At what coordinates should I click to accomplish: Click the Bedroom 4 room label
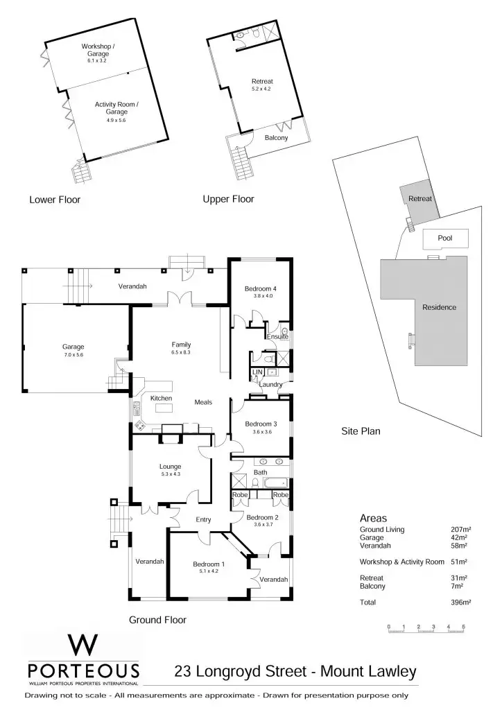pyautogui.click(x=260, y=288)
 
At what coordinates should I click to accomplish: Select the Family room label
pyautogui.click(x=181, y=345)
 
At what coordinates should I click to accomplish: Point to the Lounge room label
pyautogui.click(x=170, y=467)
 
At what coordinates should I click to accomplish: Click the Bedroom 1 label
pyautogui.click(x=209, y=564)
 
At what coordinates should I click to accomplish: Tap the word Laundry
pyautogui.click(x=270, y=384)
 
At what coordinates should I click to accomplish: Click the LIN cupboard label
pyautogui.click(x=257, y=372)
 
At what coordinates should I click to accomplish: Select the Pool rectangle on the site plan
pyautogui.click(x=444, y=238)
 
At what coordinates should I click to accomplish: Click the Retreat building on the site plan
pyautogui.click(x=419, y=198)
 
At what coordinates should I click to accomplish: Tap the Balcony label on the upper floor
pyautogui.click(x=276, y=137)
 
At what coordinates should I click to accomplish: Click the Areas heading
pyautogui.click(x=373, y=518)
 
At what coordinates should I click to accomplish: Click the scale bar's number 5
pyautogui.click(x=463, y=627)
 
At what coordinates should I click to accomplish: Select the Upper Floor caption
pyautogui.click(x=228, y=199)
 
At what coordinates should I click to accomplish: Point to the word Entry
pyautogui.click(x=204, y=519)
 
